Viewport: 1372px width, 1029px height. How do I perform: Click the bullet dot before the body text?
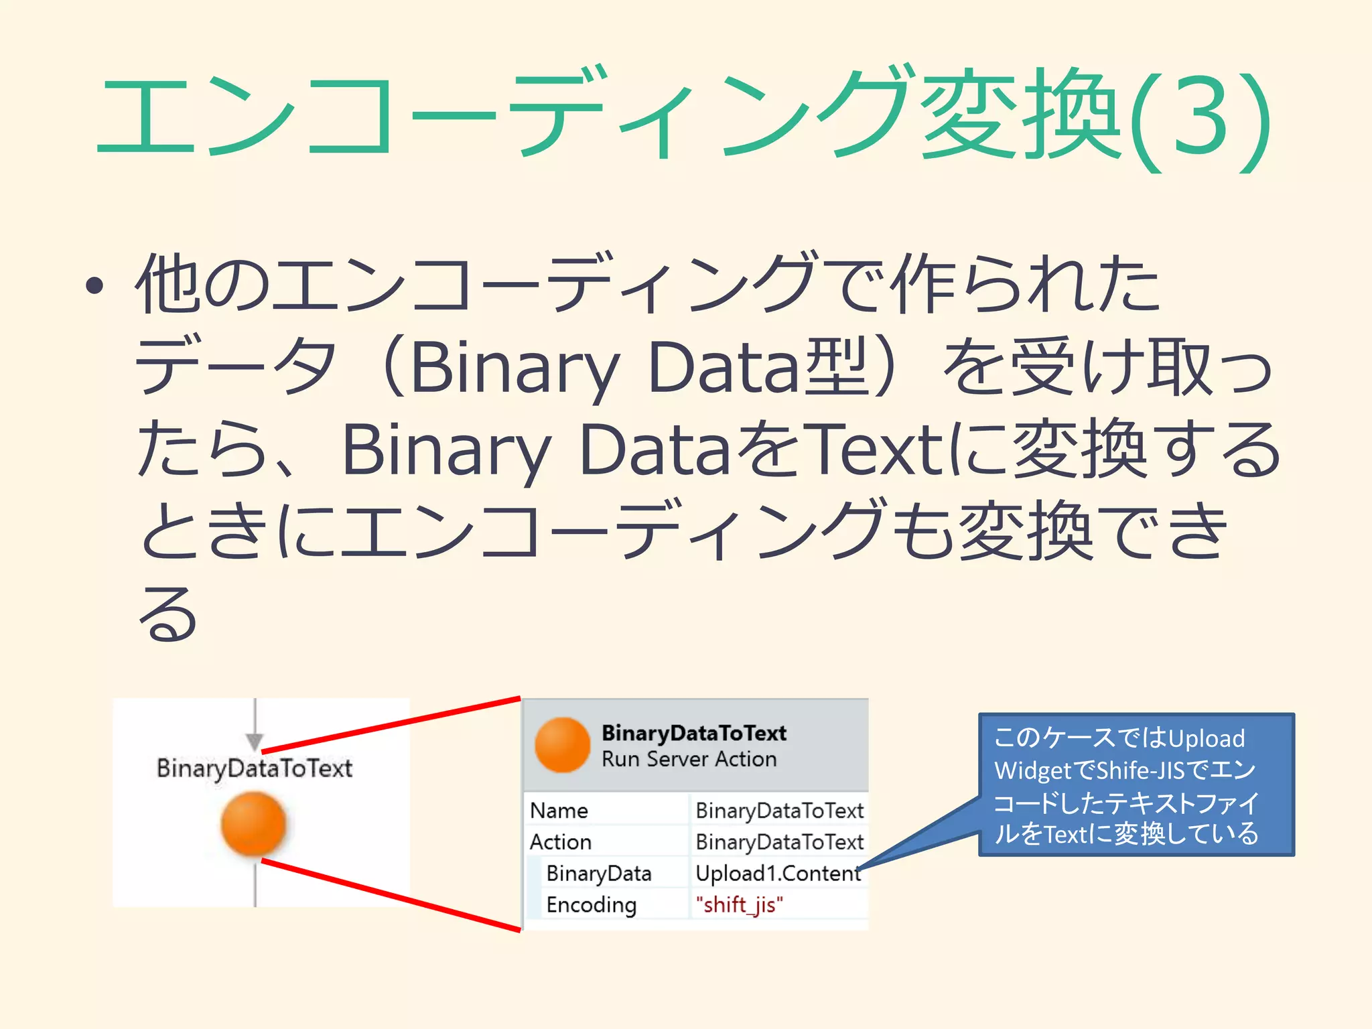tap(95, 287)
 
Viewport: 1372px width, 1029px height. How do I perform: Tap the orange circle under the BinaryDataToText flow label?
tap(253, 823)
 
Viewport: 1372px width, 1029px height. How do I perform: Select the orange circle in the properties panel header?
tap(563, 744)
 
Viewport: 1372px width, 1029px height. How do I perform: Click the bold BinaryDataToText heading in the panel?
tap(693, 733)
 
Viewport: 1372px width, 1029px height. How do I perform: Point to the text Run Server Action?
tap(689, 759)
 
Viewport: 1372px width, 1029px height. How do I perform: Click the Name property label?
tap(559, 811)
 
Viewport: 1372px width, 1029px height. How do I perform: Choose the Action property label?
tap(561, 841)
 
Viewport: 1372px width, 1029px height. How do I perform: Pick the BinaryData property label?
tap(598, 873)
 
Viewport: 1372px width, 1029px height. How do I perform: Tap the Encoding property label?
tap(591, 904)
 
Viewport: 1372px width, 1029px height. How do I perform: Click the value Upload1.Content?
tap(778, 873)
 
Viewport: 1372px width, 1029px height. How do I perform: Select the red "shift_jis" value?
tap(739, 904)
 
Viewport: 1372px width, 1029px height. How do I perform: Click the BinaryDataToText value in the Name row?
tap(779, 811)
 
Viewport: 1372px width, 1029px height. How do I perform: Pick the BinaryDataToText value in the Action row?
tap(779, 841)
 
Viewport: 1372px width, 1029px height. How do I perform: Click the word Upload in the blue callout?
tap(1206, 738)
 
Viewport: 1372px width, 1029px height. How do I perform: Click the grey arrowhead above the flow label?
tap(255, 741)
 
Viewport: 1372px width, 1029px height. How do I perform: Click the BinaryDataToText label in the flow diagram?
tap(254, 768)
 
